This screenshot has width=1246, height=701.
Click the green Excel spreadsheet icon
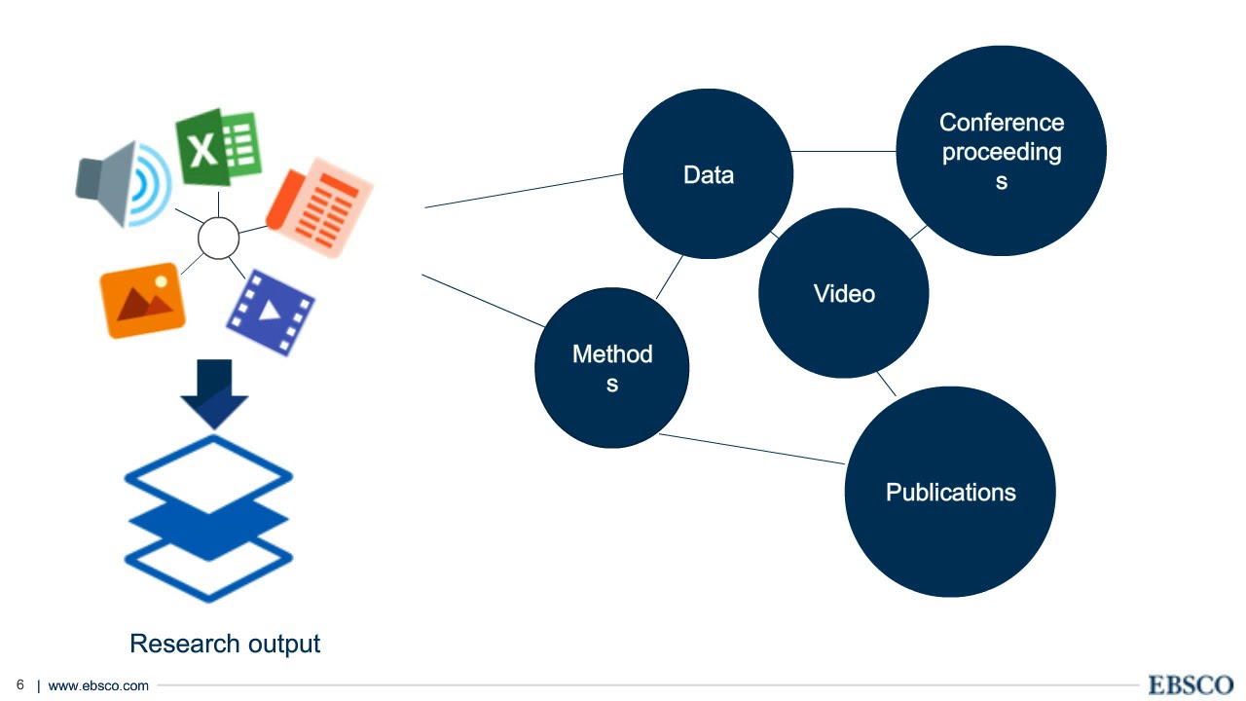(219, 149)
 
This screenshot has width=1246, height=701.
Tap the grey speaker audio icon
(123, 184)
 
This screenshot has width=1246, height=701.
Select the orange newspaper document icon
(319, 213)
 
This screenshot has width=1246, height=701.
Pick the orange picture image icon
(143, 300)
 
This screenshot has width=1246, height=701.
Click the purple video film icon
(271, 312)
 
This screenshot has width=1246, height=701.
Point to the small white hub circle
(218, 237)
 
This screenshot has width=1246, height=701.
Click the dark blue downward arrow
(214, 392)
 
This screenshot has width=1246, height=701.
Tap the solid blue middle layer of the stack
(208, 519)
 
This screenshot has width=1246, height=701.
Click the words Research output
(225, 644)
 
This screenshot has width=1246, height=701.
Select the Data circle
(708, 174)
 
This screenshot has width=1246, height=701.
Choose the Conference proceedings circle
(1001, 151)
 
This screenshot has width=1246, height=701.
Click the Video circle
(843, 293)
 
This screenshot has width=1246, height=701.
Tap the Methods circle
(611, 367)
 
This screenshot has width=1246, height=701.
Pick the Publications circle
(949, 492)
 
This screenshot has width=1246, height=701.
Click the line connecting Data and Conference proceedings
(844, 152)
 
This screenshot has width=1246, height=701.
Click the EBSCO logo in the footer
(1191, 684)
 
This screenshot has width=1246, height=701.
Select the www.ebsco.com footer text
(98, 685)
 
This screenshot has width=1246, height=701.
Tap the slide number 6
(19, 684)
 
